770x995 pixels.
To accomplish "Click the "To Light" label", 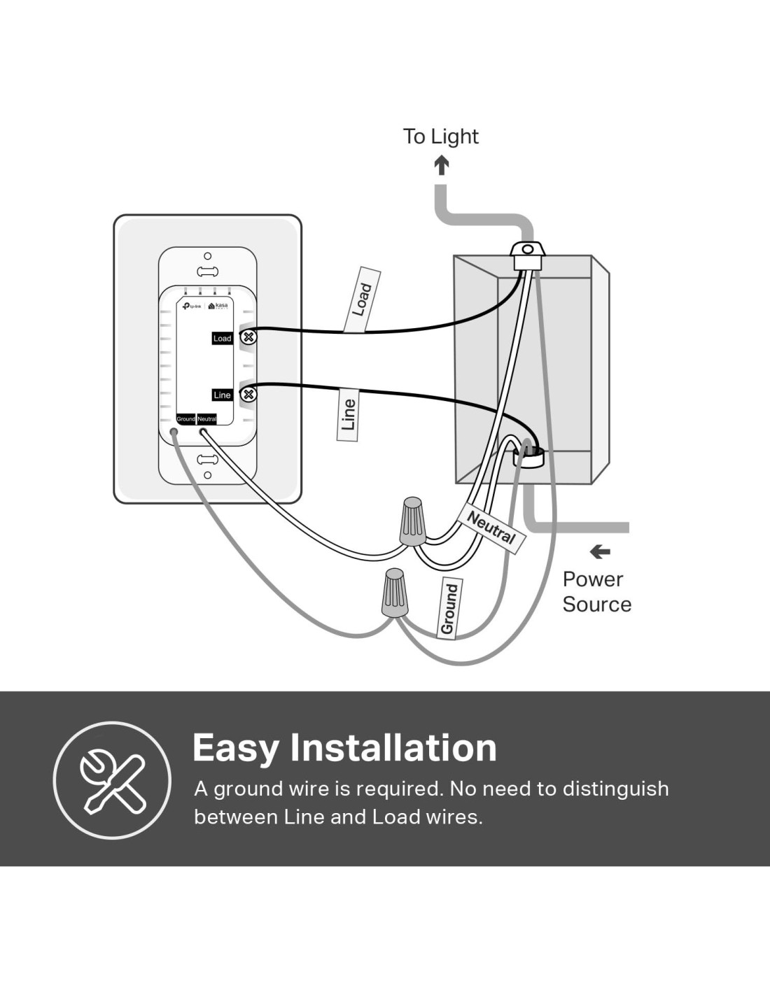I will pyautogui.click(x=440, y=136).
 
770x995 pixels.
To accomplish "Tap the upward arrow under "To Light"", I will pyautogui.click(x=441, y=165).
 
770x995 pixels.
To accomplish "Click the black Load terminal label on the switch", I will pyautogui.click(x=222, y=338).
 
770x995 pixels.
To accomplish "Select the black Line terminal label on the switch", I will pyautogui.click(x=222, y=395).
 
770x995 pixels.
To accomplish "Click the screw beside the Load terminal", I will pyautogui.click(x=248, y=337).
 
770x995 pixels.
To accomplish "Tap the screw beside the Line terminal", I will pyautogui.click(x=248, y=395).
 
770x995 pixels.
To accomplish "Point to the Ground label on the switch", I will pyautogui.click(x=185, y=419).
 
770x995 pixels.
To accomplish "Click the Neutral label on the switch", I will pyautogui.click(x=206, y=419).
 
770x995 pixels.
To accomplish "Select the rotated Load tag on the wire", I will pyautogui.click(x=362, y=299).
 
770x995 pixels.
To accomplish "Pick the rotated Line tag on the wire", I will pyautogui.click(x=348, y=414).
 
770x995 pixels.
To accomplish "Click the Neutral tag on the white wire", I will pyautogui.click(x=491, y=528).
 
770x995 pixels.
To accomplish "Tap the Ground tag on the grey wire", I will pyautogui.click(x=448, y=609).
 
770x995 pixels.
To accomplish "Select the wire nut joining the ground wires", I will pyautogui.click(x=395, y=593).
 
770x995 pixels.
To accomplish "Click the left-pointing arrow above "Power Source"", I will pyautogui.click(x=599, y=552).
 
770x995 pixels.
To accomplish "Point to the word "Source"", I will pyautogui.click(x=596, y=605).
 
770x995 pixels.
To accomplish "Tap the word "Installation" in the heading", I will pyautogui.click(x=393, y=747).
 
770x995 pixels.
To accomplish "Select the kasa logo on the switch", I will pyautogui.click(x=218, y=306).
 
